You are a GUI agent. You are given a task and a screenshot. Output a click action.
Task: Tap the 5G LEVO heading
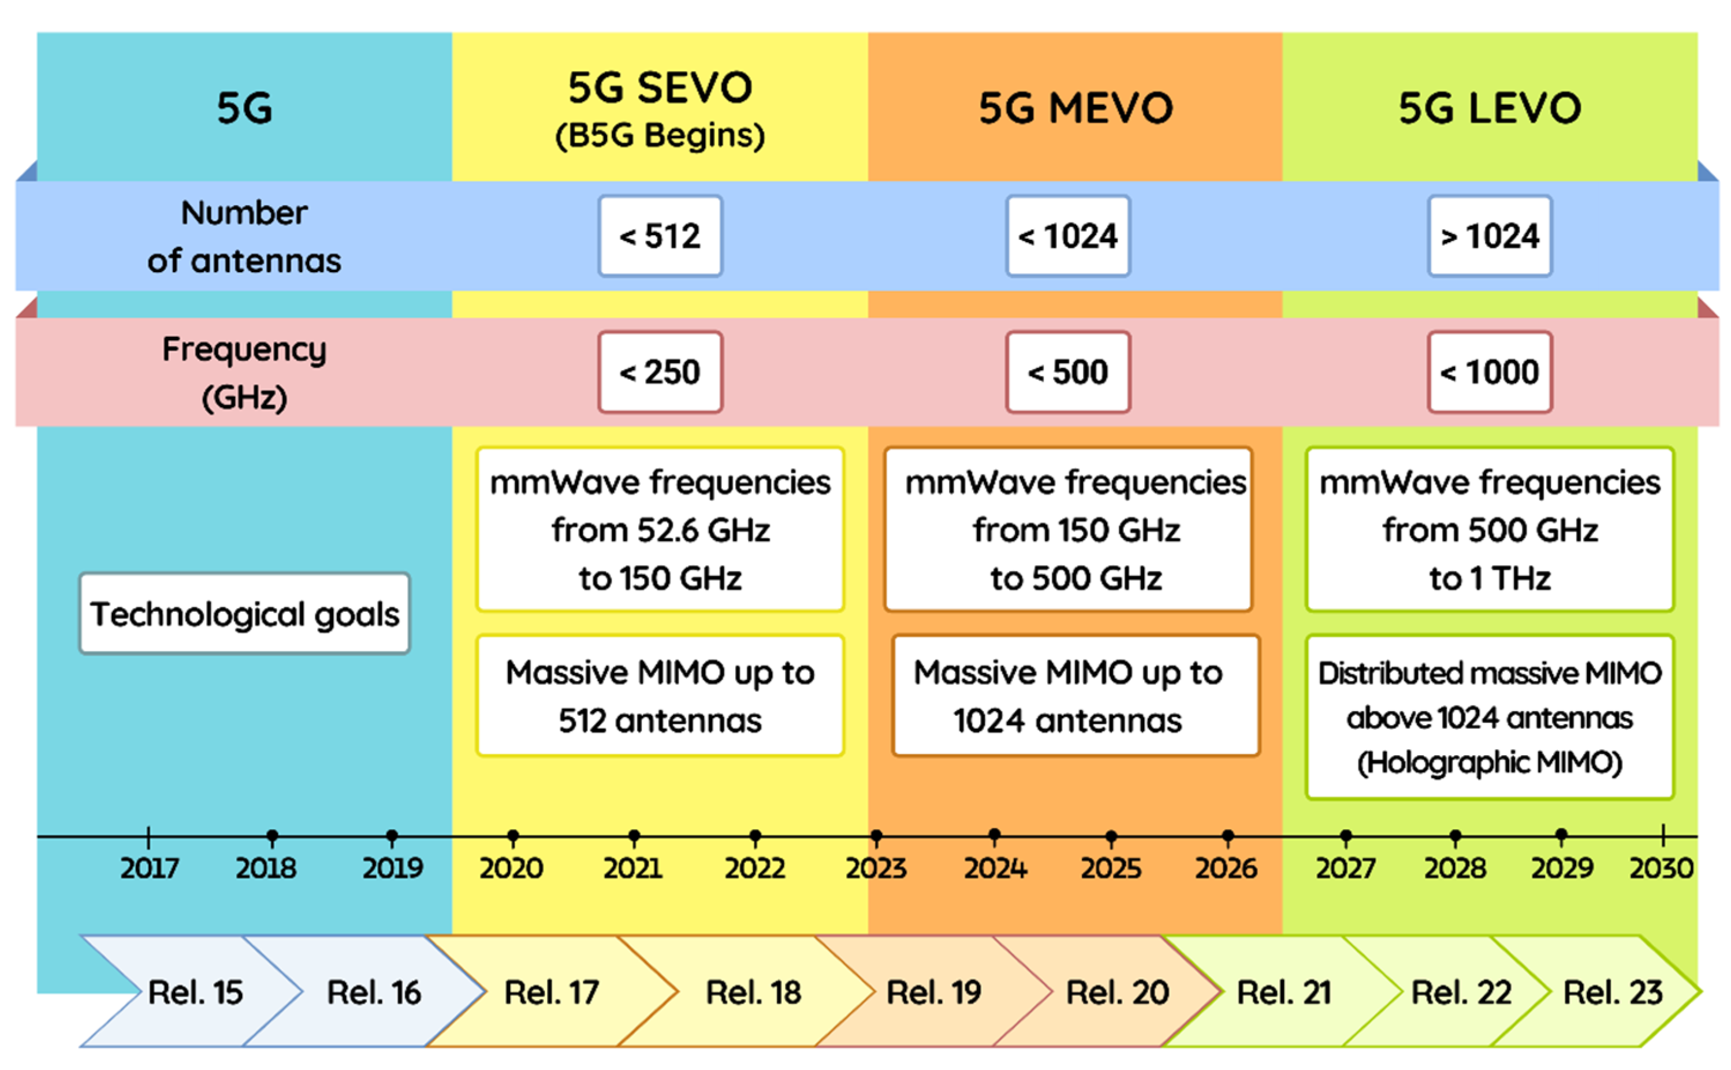[x=1489, y=108]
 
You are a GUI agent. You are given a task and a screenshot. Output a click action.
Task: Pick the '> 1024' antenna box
[x=1489, y=236]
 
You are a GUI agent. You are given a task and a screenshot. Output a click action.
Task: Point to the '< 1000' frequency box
[x=1489, y=372]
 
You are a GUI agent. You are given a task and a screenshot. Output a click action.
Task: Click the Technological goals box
[x=244, y=614]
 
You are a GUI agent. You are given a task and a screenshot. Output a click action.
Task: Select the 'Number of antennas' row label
[x=244, y=236]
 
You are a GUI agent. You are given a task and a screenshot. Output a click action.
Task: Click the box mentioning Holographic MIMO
[x=1489, y=717]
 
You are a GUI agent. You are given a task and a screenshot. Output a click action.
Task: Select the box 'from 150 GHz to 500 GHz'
[x=1067, y=529]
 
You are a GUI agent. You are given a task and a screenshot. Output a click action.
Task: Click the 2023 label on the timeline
[x=876, y=868]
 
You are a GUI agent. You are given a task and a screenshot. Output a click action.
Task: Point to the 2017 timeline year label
[x=148, y=868]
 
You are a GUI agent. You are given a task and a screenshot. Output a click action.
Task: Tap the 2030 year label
[x=1661, y=868]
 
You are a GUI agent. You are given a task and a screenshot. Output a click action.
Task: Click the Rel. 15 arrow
[x=195, y=991]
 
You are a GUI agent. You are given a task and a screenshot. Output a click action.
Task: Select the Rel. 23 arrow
[x=1613, y=991]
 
